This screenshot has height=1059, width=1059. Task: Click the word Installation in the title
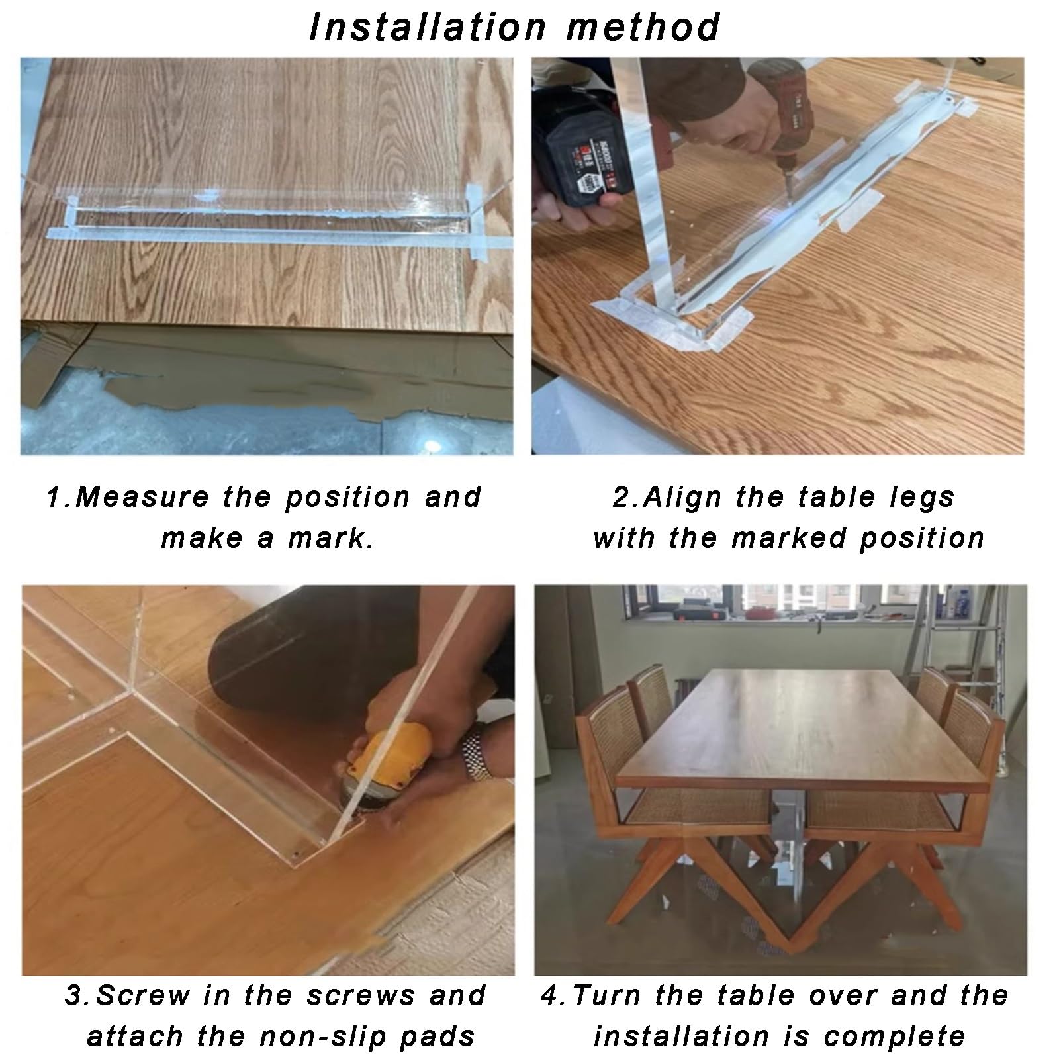[x=427, y=28]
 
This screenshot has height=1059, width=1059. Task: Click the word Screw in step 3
[x=142, y=995]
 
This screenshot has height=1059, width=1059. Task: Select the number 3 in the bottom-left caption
[x=75, y=995]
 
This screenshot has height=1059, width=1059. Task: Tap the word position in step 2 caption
[x=921, y=538]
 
